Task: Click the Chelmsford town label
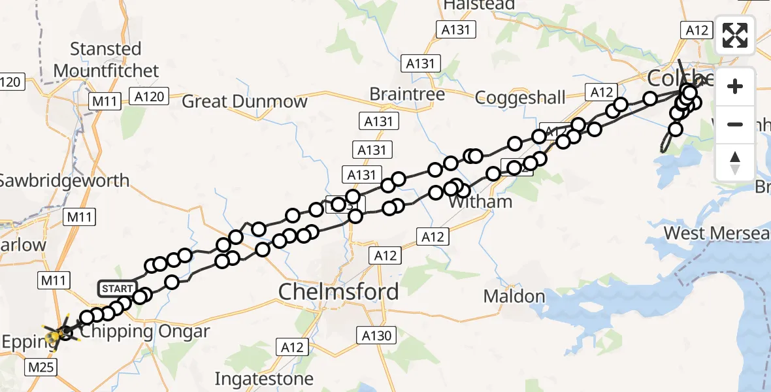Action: (338, 291)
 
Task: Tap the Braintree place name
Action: (407, 94)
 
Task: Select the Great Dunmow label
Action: (244, 101)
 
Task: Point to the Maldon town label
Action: (514, 296)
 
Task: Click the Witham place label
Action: (481, 202)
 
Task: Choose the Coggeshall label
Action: (520, 98)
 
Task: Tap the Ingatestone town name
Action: (264, 378)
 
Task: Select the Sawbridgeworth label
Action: (64, 180)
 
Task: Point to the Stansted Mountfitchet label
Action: (106, 59)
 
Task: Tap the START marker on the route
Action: (117, 288)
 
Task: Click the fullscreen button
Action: (735, 35)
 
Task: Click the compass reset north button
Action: (735, 163)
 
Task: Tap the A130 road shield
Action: (377, 336)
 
